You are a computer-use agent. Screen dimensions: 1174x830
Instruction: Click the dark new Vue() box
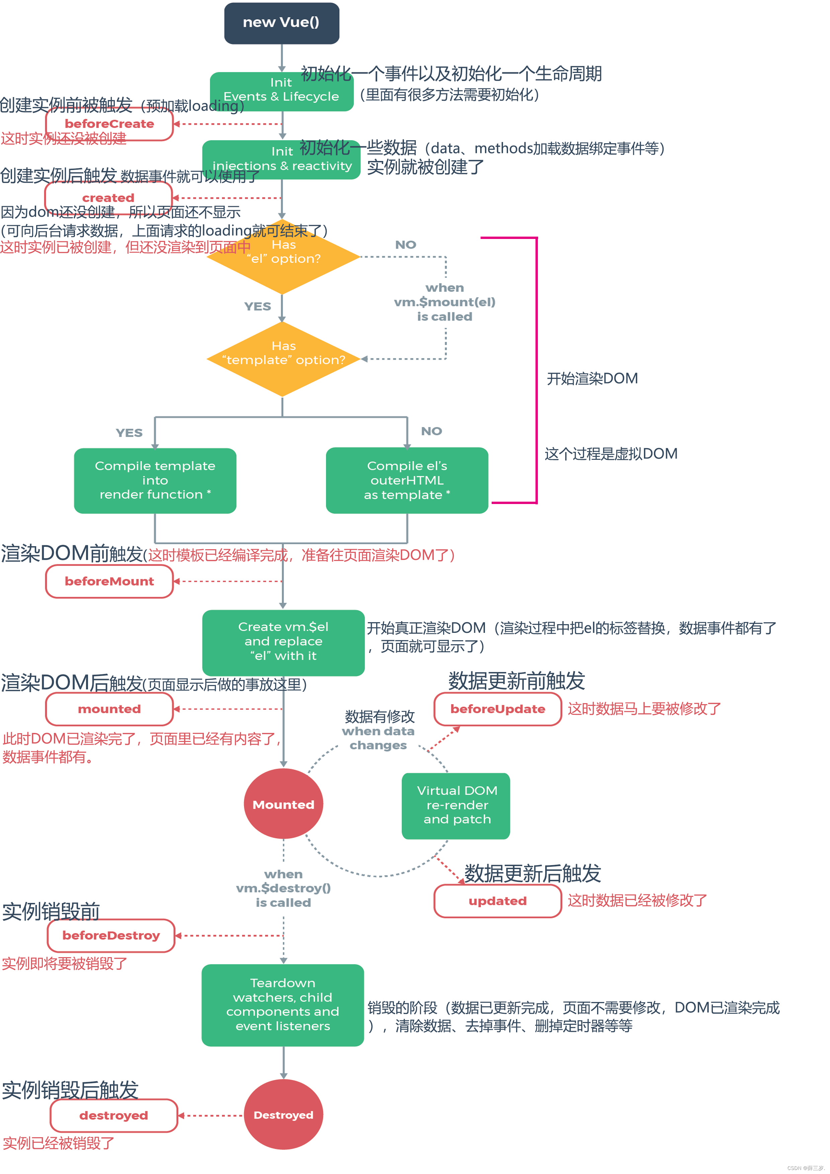point(281,23)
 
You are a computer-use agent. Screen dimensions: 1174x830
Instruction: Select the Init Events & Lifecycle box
point(281,91)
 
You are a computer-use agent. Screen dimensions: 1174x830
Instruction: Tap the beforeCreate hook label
point(109,124)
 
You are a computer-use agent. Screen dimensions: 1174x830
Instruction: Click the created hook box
point(108,197)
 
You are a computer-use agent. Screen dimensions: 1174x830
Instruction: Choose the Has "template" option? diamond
point(283,359)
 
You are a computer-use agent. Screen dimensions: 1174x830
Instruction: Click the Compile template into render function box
point(155,481)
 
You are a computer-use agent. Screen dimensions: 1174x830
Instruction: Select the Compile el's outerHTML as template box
point(407,481)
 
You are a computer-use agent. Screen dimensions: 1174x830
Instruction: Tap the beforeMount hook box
point(109,581)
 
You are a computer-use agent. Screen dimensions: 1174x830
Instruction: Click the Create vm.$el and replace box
point(283,642)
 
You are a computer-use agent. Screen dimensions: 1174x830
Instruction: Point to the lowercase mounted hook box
point(109,709)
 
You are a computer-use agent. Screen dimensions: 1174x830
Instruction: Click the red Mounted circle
point(283,804)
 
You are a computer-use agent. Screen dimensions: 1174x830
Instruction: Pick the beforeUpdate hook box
point(498,709)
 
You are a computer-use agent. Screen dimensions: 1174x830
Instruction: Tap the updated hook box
point(498,901)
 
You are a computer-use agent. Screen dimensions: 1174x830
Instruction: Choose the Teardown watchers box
point(283,1005)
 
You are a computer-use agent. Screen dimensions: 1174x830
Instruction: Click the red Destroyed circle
point(283,1115)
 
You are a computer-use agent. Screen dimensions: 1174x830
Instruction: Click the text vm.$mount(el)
point(444,302)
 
